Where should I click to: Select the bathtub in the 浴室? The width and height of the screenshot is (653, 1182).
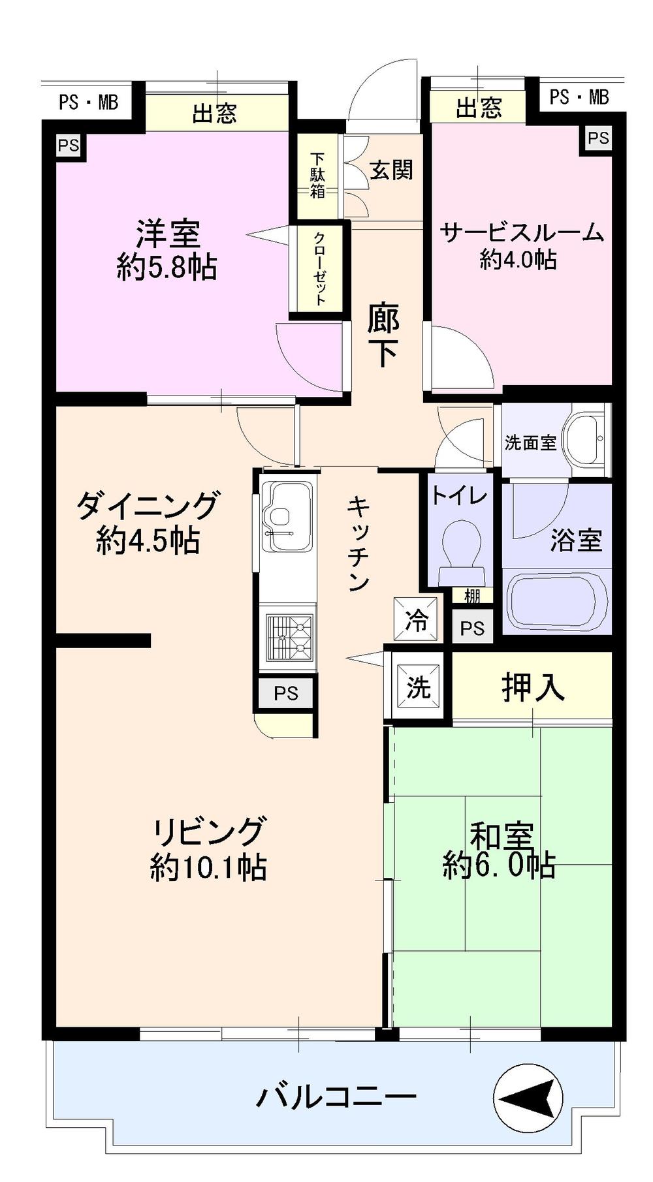(x=557, y=601)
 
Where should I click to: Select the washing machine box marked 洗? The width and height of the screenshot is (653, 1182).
(x=418, y=687)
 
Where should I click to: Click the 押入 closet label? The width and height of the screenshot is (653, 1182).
(x=532, y=687)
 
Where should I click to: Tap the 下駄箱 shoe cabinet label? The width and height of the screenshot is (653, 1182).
(x=317, y=175)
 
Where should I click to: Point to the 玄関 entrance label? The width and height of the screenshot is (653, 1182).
(x=391, y=170)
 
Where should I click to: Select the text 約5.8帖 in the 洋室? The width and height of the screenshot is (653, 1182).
(x=167, y=266)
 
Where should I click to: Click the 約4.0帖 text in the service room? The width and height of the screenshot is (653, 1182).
(x=518, y=260)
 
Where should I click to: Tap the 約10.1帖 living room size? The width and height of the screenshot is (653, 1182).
(x=208, y=867)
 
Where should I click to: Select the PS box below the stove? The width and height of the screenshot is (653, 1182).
(x=286, y=693)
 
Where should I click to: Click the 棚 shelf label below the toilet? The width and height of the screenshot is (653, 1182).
(x=471, y=595)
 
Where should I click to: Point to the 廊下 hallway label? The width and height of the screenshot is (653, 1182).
(x=383, y=335)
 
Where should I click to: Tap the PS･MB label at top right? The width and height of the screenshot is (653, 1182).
(x=579, y=97)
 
